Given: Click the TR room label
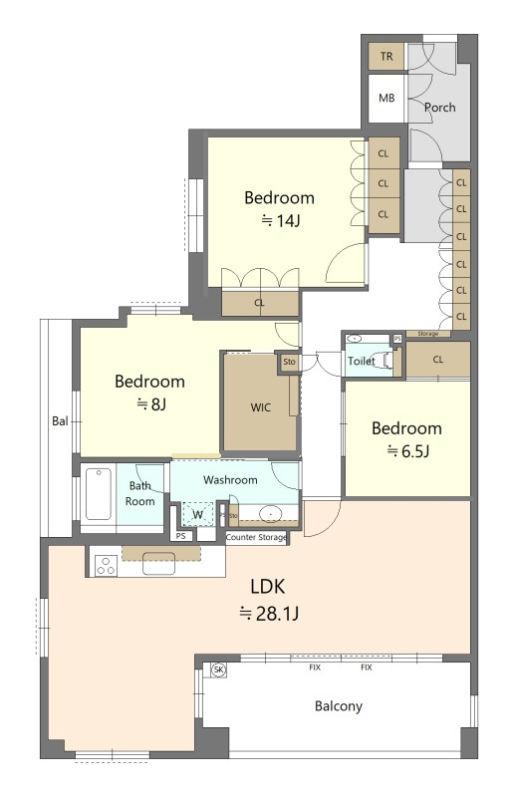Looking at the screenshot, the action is (x=386, y=56).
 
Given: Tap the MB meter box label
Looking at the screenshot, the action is (x=386, y=98).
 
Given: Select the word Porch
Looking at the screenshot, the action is (x=439, y=108).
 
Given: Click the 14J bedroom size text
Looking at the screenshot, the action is (x=281, y=220).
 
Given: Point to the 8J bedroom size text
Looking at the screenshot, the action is (x=151, y=404).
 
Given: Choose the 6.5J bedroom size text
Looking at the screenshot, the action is (x=408, y=451).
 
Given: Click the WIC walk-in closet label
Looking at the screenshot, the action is (x=261, y=407).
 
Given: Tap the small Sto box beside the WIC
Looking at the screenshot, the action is (x=289, y=362).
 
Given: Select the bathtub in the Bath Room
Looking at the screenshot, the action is (x=99, y=494).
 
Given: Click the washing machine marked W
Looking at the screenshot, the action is (x=198, y=514).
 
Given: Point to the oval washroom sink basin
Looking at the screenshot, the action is (x=271, y=513).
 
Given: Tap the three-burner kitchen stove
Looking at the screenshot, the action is (x=107, y=565).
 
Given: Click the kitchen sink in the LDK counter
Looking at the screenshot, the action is (x=159, y=563).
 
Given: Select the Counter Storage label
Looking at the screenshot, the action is (x=256, y=537).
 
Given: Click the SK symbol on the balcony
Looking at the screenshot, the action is (x=218, y=669).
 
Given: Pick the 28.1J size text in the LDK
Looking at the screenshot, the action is (x=270, y=614).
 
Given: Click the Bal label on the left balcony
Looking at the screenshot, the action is (x=60, y=420).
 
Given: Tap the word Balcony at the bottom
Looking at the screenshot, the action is (x=339, y=706).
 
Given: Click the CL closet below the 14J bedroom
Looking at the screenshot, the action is (x=260, y=303).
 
